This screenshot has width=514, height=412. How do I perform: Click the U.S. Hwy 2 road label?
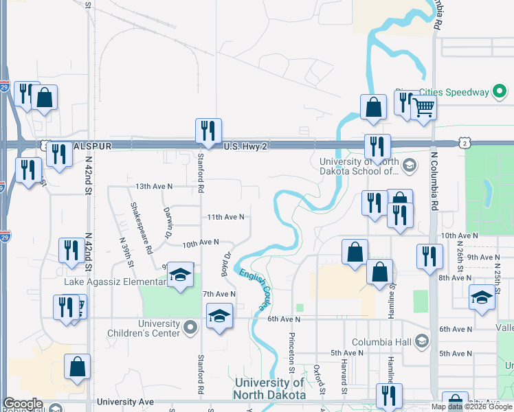[247, 146]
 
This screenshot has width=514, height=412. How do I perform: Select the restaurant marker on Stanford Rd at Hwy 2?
[207, 130]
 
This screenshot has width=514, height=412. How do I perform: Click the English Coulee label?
[254, 288]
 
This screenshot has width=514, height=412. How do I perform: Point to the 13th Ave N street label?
[153, 186]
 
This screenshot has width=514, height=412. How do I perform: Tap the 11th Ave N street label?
[225, 217]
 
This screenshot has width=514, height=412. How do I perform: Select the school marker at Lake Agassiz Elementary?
[180, 276]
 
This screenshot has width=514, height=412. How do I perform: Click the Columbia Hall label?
[382, 342]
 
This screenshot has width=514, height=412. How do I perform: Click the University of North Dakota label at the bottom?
[269, 389]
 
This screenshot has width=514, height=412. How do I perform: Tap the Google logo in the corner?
[23, 404]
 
